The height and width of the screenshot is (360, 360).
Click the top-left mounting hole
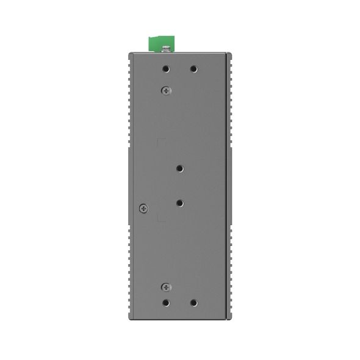pyautogui.click(x=167, y=69)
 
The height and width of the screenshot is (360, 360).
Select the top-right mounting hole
pyautogui.click(x=193, y=69)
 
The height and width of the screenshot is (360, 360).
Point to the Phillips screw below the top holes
pyautogui.click(x=165, y=90)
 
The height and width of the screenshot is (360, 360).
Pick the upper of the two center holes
pyautogui.click(x=180, y=168)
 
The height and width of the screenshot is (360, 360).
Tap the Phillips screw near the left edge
pyautogui.click(x=143, y=208)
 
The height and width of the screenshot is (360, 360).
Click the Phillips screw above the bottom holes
pyautogui.click(x=165, y=287)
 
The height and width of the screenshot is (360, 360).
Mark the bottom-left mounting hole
pyautogui.click(x=167, y=303)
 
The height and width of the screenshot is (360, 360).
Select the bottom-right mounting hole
pyautogui.click(x=193, y=303)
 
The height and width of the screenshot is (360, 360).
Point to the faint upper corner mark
pyautogui.click(x=161, y=142)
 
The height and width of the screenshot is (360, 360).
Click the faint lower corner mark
pyautogui.click(x=160, y=218)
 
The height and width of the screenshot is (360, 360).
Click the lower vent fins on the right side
pyautogui.click(x=232, y=268)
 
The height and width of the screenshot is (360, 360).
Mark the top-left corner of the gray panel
pyautogui.click(x=129, y=54)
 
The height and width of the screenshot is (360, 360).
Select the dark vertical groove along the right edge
pyautogui.click(x=228, y=183)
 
